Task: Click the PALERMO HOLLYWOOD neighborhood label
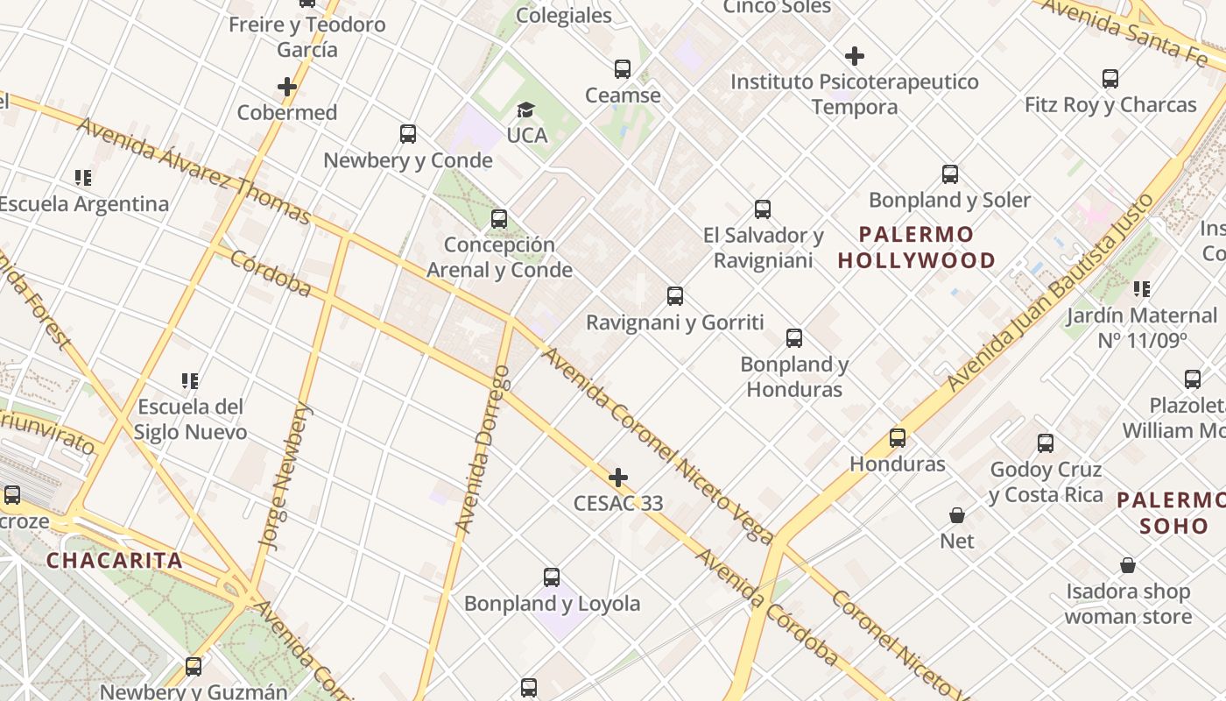(917, 247)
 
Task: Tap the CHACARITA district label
(115, 561)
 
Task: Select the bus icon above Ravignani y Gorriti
(674, 296)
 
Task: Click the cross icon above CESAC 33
(618, 478)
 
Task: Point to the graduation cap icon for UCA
(525, 110)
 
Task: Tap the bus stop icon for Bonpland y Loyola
(552, 577)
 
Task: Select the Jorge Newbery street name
(286, 476)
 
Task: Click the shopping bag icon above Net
(957, 515)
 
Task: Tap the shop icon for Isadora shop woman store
(1128, 566)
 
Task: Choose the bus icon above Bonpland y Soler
(950, 174)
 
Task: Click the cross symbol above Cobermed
(287, 87)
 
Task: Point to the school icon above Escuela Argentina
(83, 179)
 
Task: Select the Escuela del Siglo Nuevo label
(190, 419)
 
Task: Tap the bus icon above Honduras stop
(898, 438)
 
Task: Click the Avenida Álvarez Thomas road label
(194, 169)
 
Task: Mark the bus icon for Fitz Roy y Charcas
(1110, 79)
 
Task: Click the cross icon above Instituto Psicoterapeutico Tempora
(855, 56)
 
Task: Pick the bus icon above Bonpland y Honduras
(794, 338)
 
